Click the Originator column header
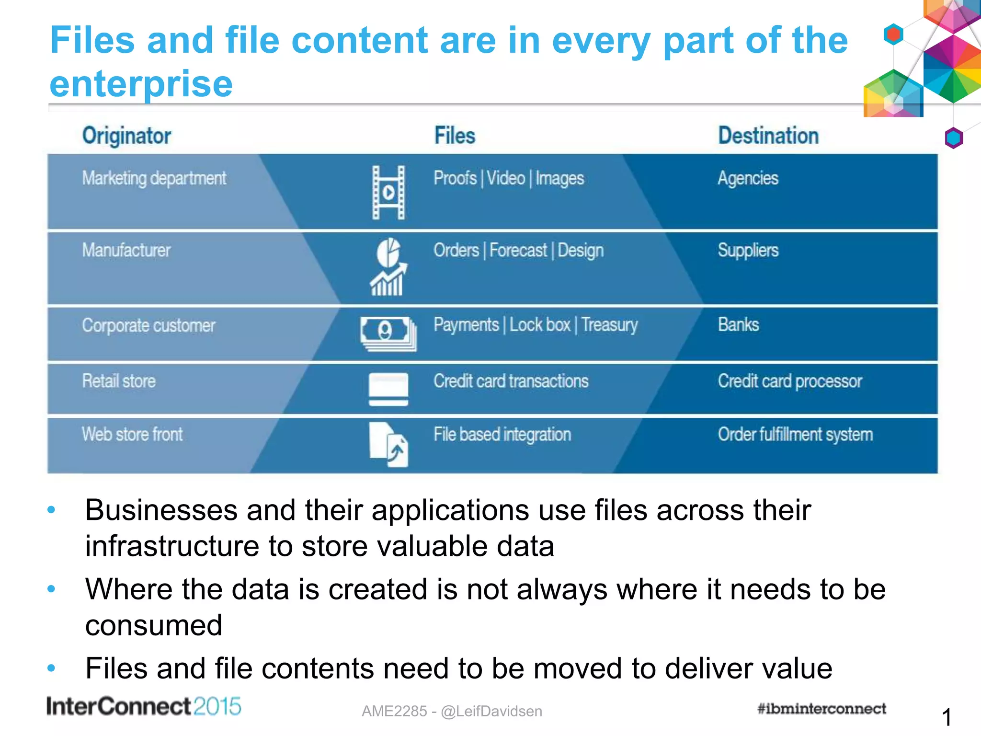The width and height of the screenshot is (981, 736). point(126,136)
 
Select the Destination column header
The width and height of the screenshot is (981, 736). point(768,136)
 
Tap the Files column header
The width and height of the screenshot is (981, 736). point(455,136)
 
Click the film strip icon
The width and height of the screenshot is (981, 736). point(388,193)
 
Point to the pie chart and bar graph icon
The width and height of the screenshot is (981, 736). point(388,267)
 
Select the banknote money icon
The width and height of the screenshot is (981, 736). point(388,333)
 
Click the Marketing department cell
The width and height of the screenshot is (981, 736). point(154,179)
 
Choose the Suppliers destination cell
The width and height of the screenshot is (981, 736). point(748,251)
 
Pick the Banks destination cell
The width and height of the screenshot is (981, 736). point(738,325)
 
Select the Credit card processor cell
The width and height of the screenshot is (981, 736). point(790,381)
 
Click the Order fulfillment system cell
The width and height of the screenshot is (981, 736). point(795,435)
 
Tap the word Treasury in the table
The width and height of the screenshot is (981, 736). point(609,325)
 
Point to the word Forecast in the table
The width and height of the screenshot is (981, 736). point(518,251)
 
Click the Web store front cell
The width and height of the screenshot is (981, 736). point(132,435)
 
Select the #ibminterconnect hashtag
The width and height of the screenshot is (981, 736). point(821,709)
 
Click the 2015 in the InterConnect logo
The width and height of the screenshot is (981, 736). point(217,707)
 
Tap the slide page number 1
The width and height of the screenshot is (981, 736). point(946,717)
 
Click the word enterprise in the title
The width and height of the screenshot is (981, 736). point(141,84)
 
